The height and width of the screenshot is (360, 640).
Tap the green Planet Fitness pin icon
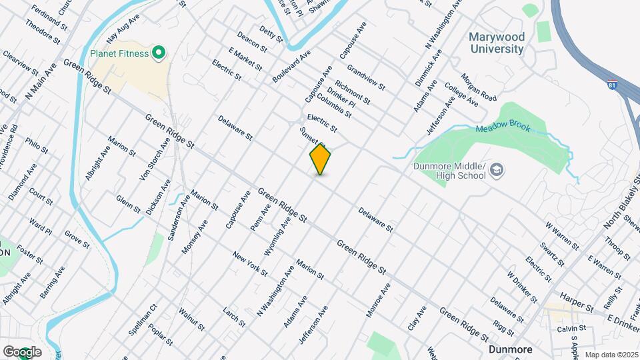(x=159, y=52)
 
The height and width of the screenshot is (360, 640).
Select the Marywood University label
(x=497, y=43)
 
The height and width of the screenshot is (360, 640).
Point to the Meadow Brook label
(x=503, y=127)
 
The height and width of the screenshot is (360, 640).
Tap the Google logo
(x=22, y=352)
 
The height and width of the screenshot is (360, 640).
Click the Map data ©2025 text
(x=611, y=355)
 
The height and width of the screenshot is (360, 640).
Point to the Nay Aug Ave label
(x=121, y=31)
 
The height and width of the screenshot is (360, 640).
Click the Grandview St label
(x=366, y=77)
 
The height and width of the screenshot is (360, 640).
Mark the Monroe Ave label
(x=377, y=300)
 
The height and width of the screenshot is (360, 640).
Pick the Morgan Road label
(x=479, y=87)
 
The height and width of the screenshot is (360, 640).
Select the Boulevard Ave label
(x=292, y=65)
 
